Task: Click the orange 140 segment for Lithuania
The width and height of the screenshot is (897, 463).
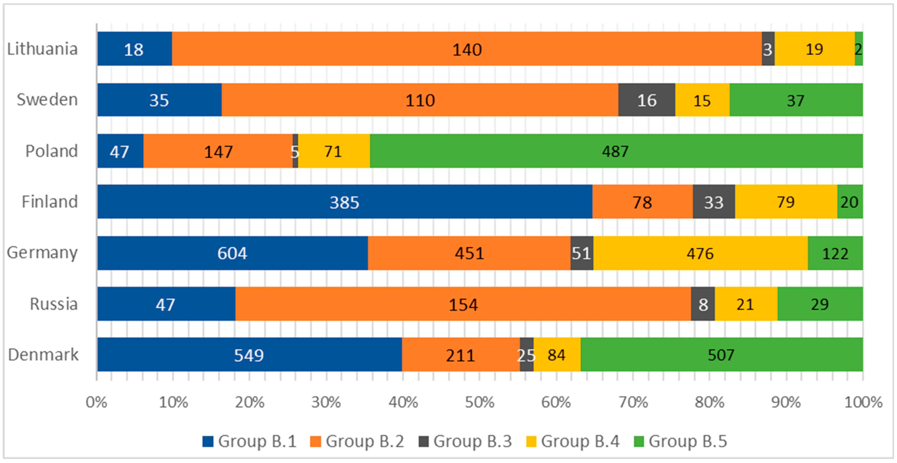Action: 467,49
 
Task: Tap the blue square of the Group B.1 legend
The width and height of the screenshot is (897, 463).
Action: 208,441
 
